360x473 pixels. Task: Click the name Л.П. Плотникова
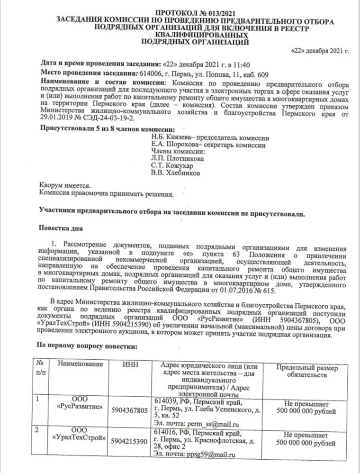[171, 159]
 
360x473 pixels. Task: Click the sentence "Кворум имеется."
[65, 186]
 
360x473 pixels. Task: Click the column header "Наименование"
[80, 364]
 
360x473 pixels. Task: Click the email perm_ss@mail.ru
[209, 424]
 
